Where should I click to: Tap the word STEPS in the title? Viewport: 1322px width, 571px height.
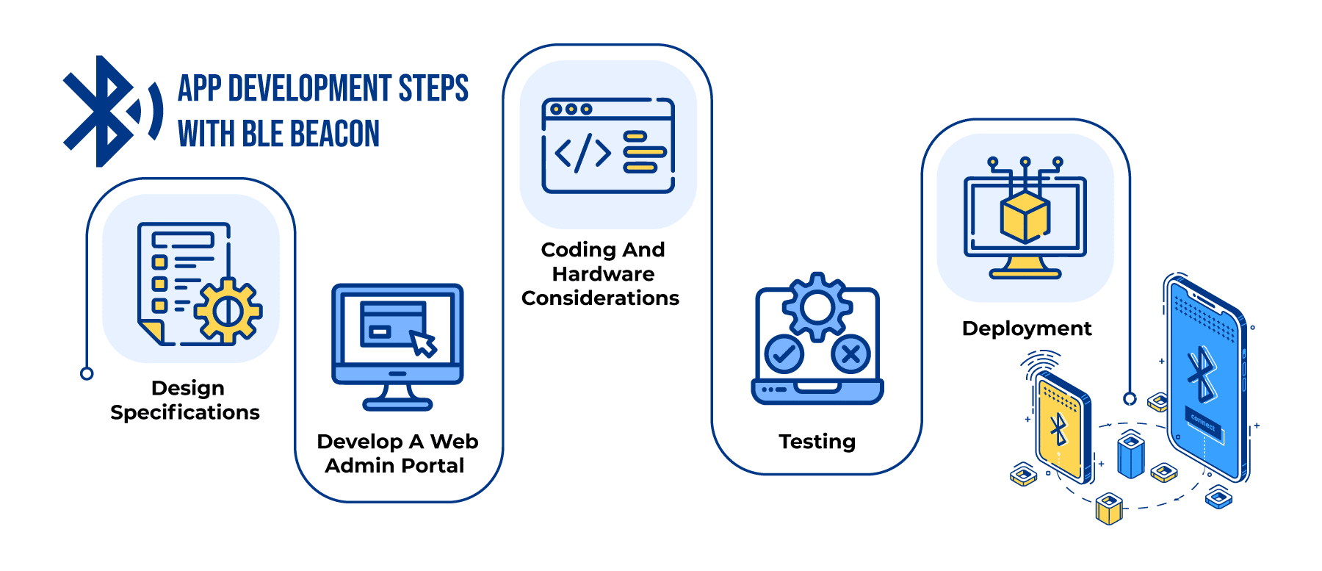click(x=433, y=89)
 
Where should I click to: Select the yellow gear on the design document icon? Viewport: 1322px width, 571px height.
click(x=228, y=311)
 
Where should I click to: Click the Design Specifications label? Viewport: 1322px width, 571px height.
click(x=186, y=400)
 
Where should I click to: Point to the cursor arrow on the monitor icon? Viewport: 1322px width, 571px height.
click(x=423, y=343)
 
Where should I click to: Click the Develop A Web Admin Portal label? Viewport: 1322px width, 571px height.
click(x=397, y=453)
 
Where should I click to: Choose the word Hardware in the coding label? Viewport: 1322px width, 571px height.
click(x=603, y=274)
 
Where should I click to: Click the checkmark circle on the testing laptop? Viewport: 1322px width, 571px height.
click(x=784, y=354)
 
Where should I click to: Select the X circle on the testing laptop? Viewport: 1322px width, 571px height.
click(x=850, y=354)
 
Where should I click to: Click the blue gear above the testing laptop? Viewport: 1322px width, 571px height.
click(x=817, y=307)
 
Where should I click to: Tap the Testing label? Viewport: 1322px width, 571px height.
click(x=817, y=442)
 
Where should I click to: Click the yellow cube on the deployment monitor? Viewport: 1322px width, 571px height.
click(x=1025, y=218)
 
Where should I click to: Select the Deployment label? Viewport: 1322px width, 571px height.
click(x=1027, y=328)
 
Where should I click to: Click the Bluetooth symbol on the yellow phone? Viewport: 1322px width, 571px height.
click(x=1058, y=430)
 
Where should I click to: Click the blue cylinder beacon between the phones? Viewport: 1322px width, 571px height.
click(x=1131, y=456)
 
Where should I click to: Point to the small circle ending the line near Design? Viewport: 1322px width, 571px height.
click(x=87, y=373)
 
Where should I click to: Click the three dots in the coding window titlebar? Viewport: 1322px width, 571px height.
click(x=571, y=109)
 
